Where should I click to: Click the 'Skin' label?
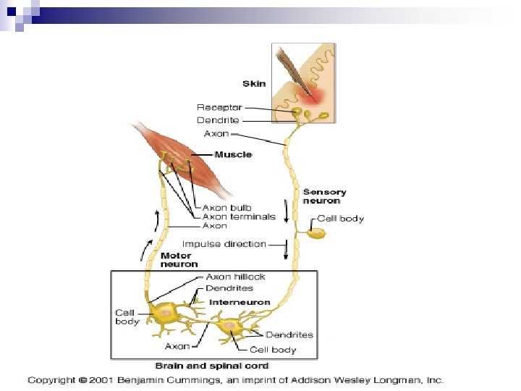pyautogui.click(x=254, y=83)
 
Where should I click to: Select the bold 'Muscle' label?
pyautogui.click(x=234, y=155)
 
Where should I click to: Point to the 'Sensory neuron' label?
pyautogui.click(x=324, y=196)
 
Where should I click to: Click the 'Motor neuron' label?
pyautogui.click(x=176, y=260)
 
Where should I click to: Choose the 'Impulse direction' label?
pyautogui.click(x=224, y=244)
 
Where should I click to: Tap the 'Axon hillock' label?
pyautogui.click(x=235, y=277)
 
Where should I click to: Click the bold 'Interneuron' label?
pyautogui.click(x=240, y=302)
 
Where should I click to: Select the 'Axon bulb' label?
pyautogui.click(x=226, y=208)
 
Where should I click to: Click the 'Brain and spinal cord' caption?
pyautogui.click(x=212, y=366)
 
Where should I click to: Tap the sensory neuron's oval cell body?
pyautogui.click(x=316, y=233)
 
